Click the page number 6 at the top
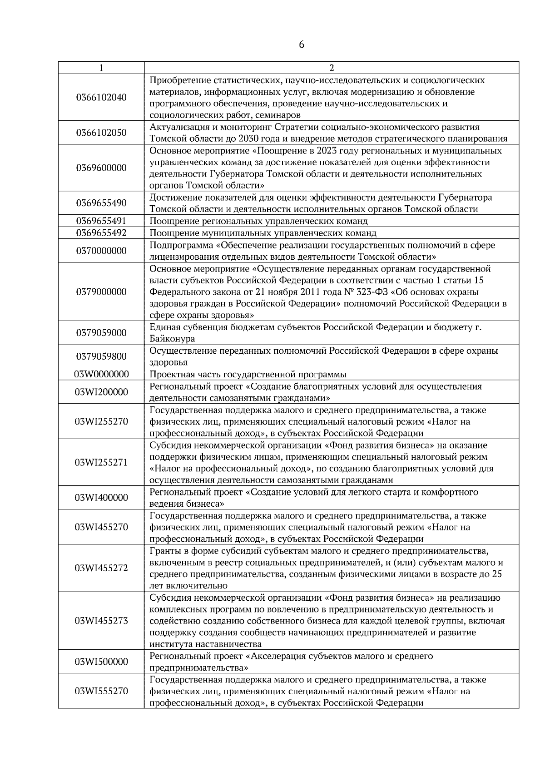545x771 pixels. click(x=302, y=45)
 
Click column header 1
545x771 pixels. click(x=101, y=68)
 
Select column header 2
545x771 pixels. click(x=331, y=68)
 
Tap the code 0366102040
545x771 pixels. click(x=101, y=98)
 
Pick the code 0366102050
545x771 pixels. click(x=101, y=133)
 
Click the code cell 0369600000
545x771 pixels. click(x=101, y=168)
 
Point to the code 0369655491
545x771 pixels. click(x=101, y=221)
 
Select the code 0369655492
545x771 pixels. click(x=101, y=233)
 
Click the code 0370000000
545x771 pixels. click(x=101, y=251)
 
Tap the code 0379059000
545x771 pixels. click(x=101, y=333)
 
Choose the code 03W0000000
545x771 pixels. click(x=101, y=374)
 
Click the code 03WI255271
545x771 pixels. click(x=101, y=463)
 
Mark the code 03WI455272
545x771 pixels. click(x=101, y=568)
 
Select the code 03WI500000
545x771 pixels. click(x=101, y=662)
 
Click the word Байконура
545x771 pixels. click(x=172, y=339)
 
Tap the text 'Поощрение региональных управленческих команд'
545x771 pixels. click(x=258, y=221)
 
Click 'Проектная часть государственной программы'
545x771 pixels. click(x=248, y=374)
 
